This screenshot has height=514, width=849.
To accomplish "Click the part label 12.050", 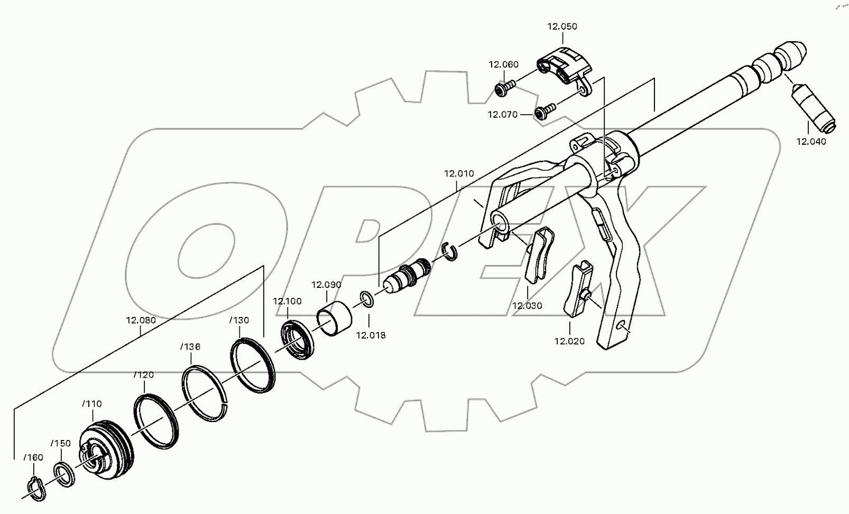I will pyautogui.click(x=562, y=26).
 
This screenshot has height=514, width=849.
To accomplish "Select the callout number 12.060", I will pyautogui.click(x=503, y=64).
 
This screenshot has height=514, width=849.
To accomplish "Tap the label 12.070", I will pyautogui.click(x=502, y=114).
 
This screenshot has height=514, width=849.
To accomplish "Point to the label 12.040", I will pyautogui.click(x=811, y=142).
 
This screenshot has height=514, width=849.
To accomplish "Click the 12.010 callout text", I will pyautogui.click(x=459, y=173).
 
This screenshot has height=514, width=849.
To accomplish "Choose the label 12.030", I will pyautogui.click(x=527, y=305).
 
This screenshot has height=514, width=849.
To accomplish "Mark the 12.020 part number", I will pyautogui.click(x=569, y=341).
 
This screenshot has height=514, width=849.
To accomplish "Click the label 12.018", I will pyautogui.click(x=371, y=335).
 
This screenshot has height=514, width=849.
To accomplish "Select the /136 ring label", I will pyautogui.click(x=190, y=347).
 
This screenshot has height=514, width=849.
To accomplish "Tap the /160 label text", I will pyautogui.click(x=33, y=457).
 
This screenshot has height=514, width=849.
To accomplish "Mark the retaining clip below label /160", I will pyautogui.click(x=36, y=488).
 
